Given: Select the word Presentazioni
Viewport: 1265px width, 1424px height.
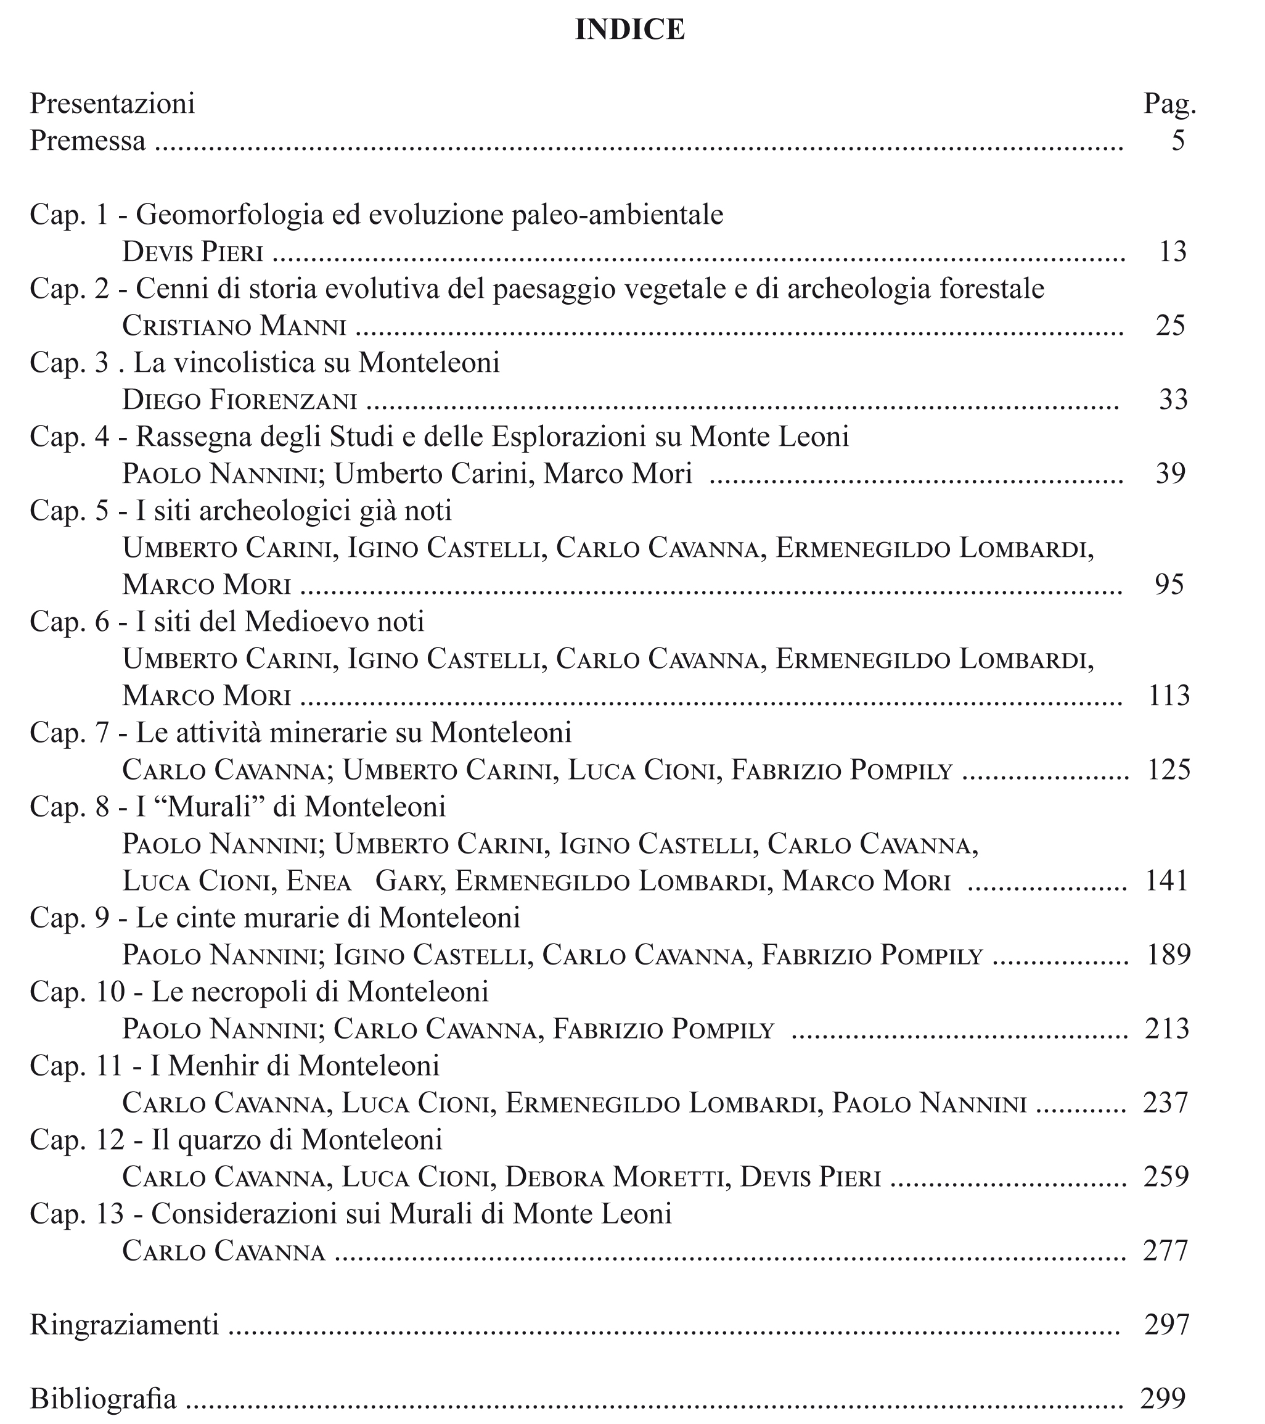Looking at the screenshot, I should coord(112,104).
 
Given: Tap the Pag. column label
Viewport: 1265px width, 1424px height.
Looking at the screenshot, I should coord(1169,104).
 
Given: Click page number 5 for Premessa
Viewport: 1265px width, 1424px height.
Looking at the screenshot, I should coord(1177,141).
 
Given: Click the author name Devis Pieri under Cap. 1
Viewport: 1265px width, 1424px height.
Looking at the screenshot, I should coord(193,252).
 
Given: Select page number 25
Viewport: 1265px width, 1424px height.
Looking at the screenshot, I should coord(1170,326).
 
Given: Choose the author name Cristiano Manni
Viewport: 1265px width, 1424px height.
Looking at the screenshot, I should coord(234,326).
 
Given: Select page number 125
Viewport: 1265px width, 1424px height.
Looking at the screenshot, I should coord(1169,770).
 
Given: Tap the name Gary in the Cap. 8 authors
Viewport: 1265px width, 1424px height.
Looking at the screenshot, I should coord(407,881).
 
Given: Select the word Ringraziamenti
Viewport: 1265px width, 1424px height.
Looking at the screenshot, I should coord(125,1324).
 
